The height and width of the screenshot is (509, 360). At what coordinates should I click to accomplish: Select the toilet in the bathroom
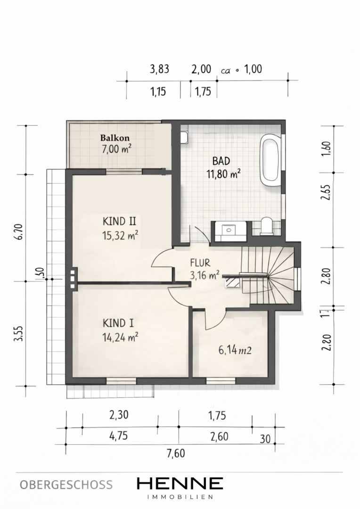coord(268,226)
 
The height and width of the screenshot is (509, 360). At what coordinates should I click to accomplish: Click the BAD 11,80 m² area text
coord(223,174)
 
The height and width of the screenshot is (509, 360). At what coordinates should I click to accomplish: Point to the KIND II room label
coord(119,222)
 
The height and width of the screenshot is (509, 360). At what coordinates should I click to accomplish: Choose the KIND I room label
coord(118,323)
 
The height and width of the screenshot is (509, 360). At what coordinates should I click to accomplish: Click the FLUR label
coord(200,263)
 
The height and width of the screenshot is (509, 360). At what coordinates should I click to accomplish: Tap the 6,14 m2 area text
coord(235,350)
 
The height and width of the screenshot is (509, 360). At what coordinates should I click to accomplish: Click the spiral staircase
coord(269,275)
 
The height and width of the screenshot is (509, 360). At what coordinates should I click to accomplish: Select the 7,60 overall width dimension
coord(176,453)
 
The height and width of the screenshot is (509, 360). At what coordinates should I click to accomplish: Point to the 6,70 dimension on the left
coord(20,231)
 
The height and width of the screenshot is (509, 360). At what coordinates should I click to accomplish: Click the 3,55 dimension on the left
coord(19,333)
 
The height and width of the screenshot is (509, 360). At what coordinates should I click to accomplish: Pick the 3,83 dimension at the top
coord(159,69)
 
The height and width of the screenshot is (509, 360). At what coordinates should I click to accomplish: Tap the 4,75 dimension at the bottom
coord(119,435)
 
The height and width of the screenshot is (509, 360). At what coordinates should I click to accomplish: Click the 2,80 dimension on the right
coord(327,276)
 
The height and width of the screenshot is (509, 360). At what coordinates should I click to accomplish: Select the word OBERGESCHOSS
coord(66,484)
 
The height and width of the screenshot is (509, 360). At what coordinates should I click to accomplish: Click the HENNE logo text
coord(180,483)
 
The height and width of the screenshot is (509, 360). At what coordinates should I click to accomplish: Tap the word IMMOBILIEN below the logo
coord(180,497)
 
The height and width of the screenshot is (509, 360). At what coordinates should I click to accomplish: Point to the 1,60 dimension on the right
coord(327,149)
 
